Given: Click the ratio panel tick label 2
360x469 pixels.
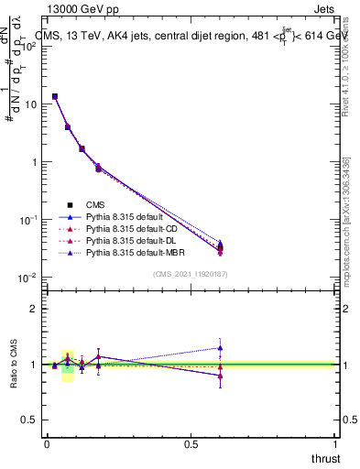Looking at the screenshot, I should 34,309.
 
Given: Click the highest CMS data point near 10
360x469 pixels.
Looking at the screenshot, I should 55,96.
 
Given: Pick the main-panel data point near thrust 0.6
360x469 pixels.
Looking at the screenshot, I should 220,248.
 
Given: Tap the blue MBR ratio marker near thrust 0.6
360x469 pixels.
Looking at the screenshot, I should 220,347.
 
